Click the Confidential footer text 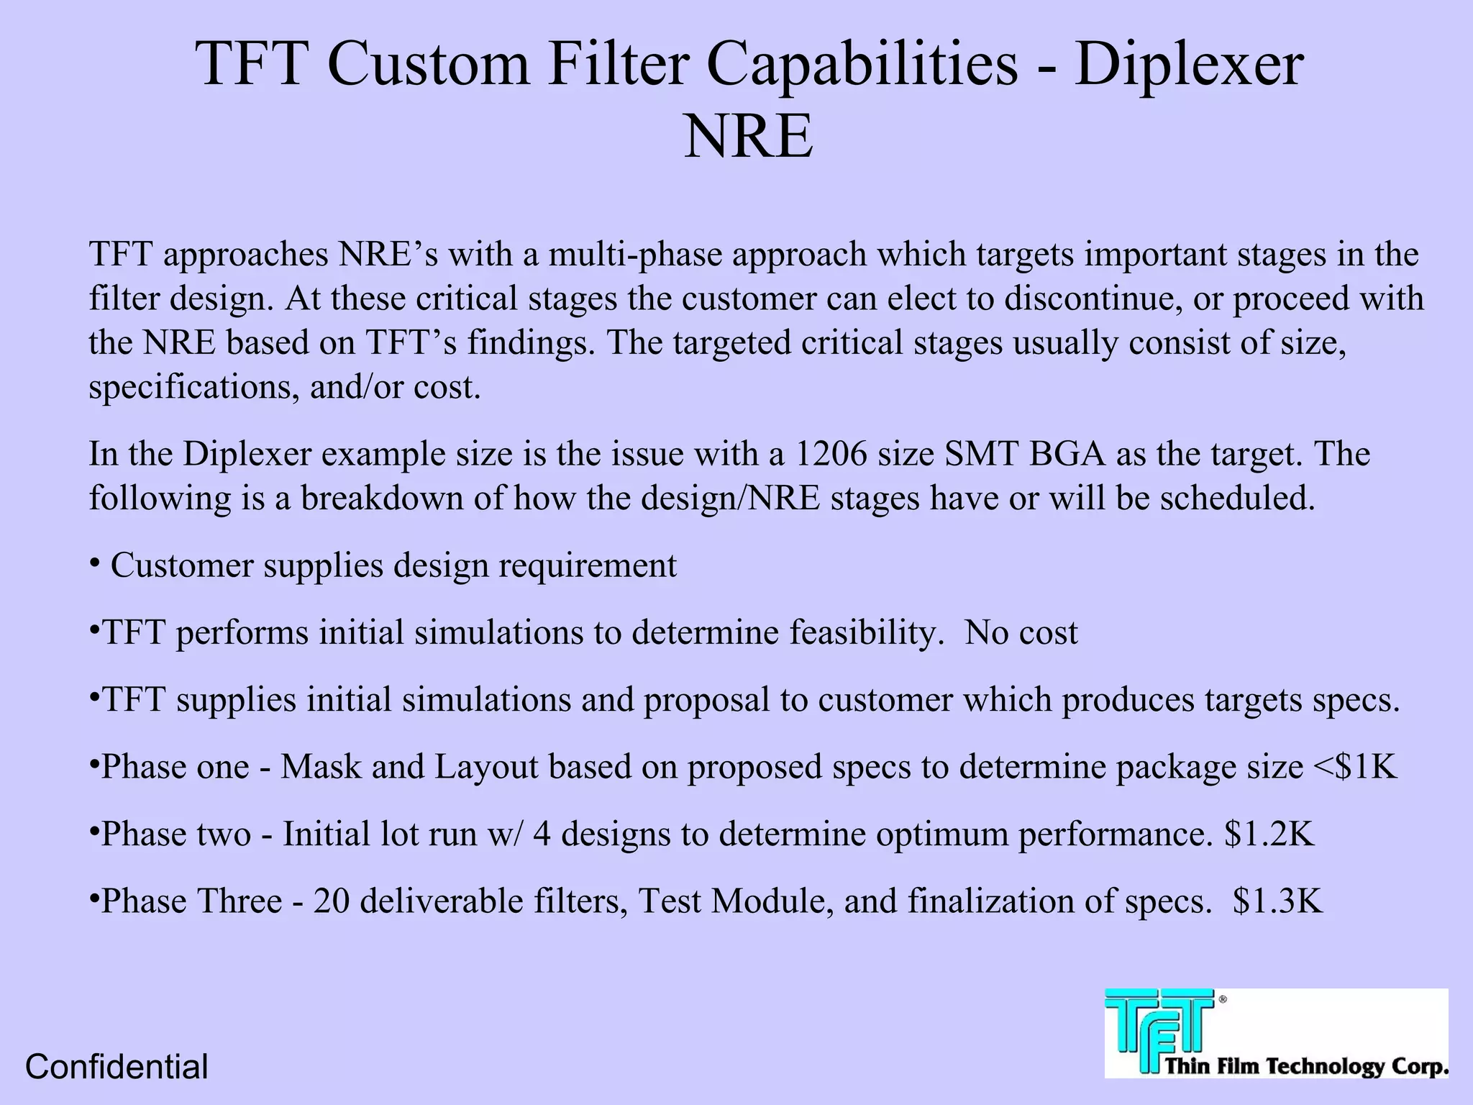pos(117,1067)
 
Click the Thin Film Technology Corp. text pos(1305,1065)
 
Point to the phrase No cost pos(1021,633)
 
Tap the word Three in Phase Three pos(240,901)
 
